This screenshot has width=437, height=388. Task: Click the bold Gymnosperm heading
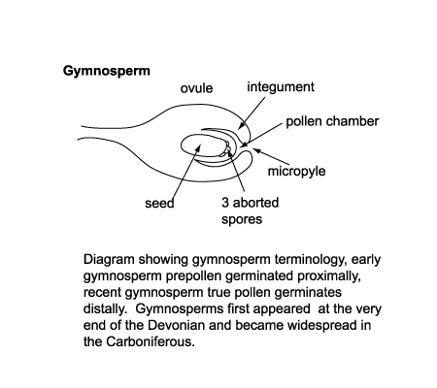107,72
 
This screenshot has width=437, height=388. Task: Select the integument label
281,87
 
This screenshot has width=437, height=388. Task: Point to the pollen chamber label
332,122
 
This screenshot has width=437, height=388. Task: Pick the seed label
159,203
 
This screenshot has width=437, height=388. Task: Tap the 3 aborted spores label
249,210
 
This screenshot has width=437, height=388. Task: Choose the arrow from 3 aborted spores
236,175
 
